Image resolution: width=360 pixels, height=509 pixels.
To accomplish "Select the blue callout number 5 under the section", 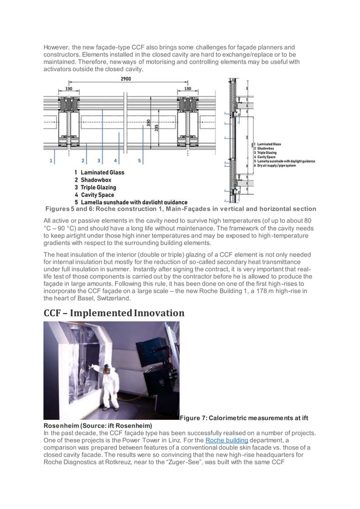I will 140,161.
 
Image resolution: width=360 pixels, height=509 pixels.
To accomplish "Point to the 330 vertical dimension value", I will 148,125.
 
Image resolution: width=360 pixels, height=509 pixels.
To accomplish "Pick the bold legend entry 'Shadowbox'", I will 95,180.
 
